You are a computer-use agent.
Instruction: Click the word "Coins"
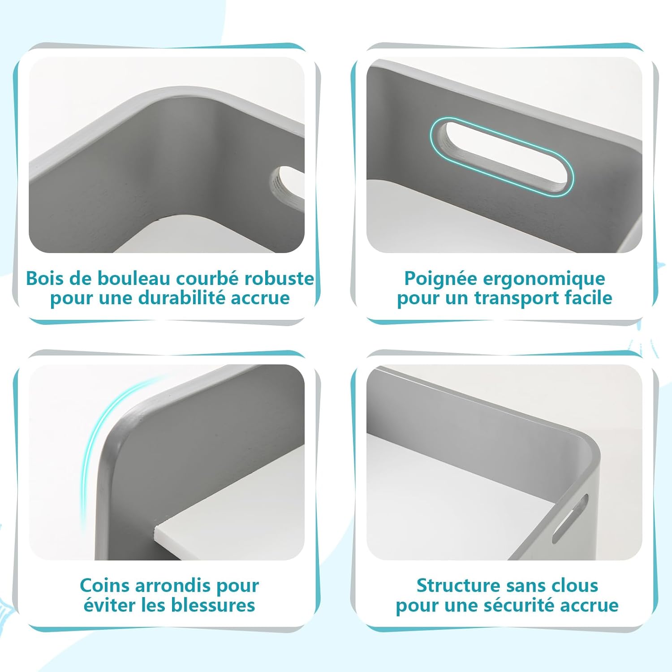coord(104,586)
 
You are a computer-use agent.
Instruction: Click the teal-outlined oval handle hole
coord(502,156)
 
